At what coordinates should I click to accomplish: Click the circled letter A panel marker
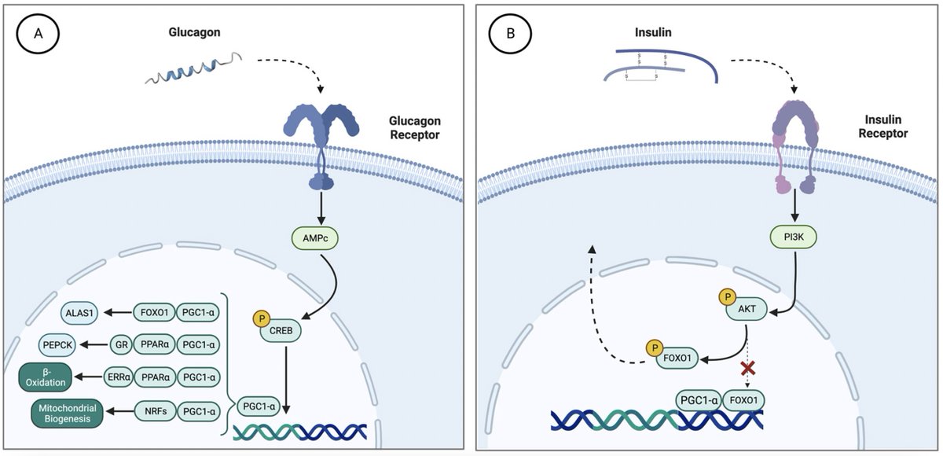(38, 33)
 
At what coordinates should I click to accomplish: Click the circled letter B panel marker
(510, 33)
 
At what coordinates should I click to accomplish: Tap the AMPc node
(315, 238)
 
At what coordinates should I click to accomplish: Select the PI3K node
(794, 237)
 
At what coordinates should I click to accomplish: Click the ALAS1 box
(79, 313)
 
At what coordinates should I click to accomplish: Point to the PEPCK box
(57, 345)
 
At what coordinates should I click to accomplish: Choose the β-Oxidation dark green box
(46, 377)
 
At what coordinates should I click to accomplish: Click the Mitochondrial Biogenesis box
(68, 413)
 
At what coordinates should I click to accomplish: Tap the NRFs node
(156, 411)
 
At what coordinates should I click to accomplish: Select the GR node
(121, 345)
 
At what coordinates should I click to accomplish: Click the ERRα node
(119, 377)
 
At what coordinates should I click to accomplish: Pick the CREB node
(281, 331)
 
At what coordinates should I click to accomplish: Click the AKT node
(747, 309)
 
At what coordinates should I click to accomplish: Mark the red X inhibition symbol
(747, 369)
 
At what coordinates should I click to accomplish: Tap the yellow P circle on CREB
(262, 318)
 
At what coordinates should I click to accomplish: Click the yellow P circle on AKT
(727, 297)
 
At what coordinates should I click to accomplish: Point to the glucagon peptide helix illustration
(193, 68)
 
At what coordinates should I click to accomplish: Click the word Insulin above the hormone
(653, 32)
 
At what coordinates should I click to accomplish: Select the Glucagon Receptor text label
(415, 127)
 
